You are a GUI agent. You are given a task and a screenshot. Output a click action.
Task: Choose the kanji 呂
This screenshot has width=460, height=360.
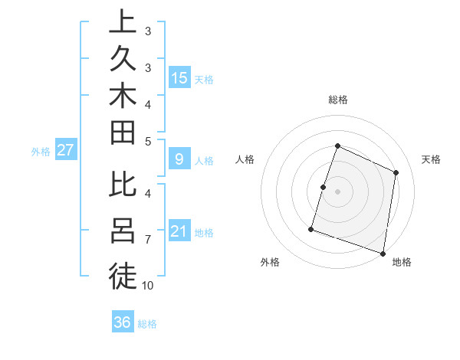click(123, 231)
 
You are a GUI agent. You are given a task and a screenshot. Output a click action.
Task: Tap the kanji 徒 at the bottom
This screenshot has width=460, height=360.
click(123, 275)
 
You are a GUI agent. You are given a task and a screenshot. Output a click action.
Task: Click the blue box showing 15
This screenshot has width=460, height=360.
click(179, 77)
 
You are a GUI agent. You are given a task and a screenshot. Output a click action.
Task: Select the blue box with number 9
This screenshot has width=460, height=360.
click(179, 159)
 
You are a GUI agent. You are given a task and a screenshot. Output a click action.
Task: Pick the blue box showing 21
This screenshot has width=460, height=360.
click(179, 231)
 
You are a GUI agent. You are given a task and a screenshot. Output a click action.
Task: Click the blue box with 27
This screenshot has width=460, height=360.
click(66, 150)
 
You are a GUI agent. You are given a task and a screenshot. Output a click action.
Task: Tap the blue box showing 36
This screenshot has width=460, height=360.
click(123, 322)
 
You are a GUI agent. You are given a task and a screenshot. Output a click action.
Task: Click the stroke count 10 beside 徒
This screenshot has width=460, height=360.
click(148, 286)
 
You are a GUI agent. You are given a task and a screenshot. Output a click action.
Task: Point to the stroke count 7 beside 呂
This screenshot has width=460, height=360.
click(148, 240)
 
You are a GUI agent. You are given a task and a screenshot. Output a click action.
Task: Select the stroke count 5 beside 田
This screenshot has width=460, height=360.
click(148, 141)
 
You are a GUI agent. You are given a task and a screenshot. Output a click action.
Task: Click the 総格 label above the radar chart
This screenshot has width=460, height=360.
click(337, 100)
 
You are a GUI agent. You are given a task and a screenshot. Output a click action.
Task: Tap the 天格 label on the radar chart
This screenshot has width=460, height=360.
click(431, 159)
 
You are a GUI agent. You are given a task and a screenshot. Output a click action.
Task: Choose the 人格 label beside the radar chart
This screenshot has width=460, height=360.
click(245, 159)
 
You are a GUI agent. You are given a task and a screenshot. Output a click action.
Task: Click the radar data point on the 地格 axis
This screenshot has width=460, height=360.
click(383, 253)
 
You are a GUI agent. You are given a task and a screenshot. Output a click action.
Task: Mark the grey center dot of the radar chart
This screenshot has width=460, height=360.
click(337, 191)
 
